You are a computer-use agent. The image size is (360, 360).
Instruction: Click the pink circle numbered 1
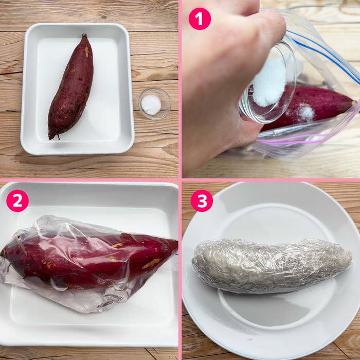(x=200, y=19)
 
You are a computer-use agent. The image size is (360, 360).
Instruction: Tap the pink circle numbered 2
(x=17, y=201)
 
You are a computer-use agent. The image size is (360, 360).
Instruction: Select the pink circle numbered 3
(x=202, y=201)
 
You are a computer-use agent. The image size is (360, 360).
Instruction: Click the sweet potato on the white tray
(x=71, y=87)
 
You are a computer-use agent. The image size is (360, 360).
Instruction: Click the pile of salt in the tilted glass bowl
(x=269, y=82)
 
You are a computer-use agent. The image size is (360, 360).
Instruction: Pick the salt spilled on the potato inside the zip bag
(x=305, y=113)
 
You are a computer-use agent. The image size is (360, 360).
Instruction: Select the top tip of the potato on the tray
(x=84, y=37)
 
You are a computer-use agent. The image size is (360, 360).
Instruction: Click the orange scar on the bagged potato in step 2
(x=151, y=263)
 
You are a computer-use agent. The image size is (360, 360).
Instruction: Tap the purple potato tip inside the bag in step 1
(x=350, y=103)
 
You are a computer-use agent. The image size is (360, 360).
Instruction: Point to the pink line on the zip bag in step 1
(x=309, y=138)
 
